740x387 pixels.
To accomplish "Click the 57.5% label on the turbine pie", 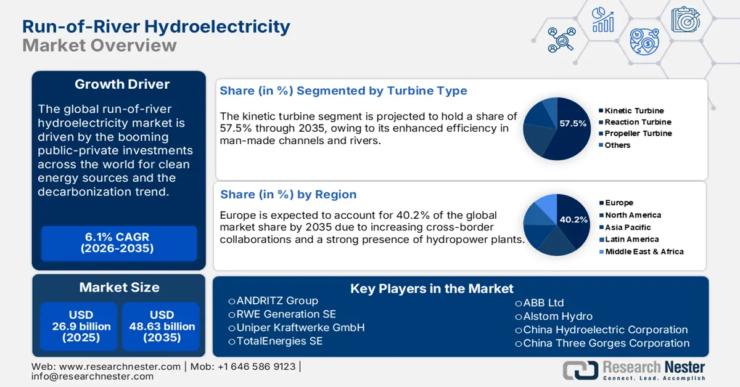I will (572, 124).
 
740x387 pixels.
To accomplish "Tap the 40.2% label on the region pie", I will (572, 219).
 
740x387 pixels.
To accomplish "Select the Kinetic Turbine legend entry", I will (634, 111).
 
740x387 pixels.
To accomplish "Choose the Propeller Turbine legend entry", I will (638, 134).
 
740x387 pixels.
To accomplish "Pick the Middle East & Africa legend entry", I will (644, 251).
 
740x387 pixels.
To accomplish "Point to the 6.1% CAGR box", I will (118, 243).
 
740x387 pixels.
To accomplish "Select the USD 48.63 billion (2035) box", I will (162, 326).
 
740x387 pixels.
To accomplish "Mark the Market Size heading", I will (119, 287).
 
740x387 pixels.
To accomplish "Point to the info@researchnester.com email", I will (92, 377).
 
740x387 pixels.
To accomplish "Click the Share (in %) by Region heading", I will (289, 195).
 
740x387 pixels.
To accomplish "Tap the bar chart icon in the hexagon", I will (602, 20).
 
